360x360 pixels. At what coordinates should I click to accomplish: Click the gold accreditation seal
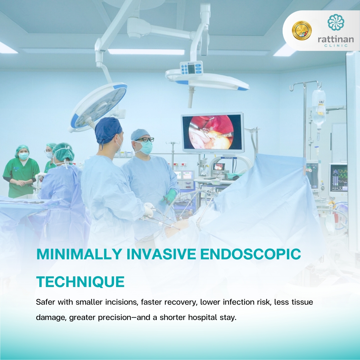(x=302, y=30)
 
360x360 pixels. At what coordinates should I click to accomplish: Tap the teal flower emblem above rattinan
(x=336, y=22)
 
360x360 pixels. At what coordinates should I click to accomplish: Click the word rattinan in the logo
(x=336, y=39)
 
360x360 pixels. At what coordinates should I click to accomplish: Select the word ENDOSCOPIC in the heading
(x=250, y=254)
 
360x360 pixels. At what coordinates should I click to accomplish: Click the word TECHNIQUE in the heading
(x=80, y=282)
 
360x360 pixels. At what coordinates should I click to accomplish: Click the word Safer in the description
(x=45, y=302)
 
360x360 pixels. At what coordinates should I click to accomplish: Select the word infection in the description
(x=239, y=302)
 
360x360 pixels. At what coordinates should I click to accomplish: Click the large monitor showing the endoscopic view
(x=213, y=133)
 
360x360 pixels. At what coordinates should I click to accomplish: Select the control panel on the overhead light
(x=191, y=68)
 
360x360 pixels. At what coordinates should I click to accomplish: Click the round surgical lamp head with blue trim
(x=99, y=107)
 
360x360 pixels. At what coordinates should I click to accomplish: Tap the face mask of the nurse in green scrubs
(x=23, y=156)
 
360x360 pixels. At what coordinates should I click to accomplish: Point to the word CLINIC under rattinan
(x=336, y=46)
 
